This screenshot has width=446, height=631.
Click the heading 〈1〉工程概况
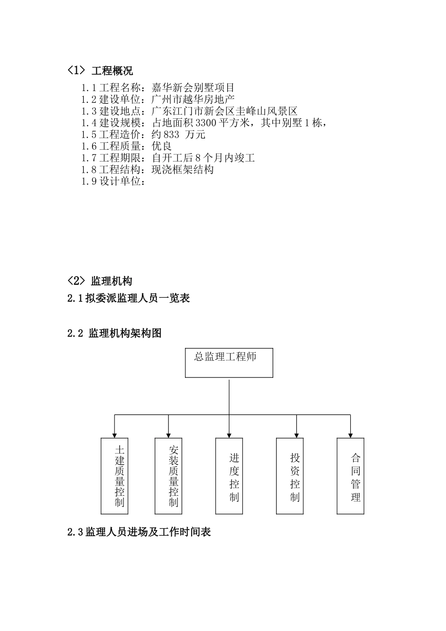point(100,71)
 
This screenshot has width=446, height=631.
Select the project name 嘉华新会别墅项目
point(193,88)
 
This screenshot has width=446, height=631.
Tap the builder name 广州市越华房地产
point(193,100)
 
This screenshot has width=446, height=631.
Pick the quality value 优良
point(161,146)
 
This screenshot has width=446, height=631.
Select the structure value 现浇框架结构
point(183,170)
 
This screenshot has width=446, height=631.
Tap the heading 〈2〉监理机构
point(100,281)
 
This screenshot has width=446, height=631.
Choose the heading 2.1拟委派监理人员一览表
point(129,298)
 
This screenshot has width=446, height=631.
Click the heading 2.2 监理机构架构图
point(115,333)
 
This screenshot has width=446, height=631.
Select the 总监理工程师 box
point(229,363)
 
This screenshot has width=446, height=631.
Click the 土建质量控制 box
point(115,476)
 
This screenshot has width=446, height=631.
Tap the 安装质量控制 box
point(169,476)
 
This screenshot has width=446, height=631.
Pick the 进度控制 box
point(229,476)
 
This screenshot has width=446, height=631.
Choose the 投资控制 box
point(290,476)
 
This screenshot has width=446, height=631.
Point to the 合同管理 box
point(350,476)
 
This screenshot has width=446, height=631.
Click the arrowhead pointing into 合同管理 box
point(350,435)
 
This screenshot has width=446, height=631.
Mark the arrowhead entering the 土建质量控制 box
point(115,435)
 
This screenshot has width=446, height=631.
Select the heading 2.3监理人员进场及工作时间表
point(139,532)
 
